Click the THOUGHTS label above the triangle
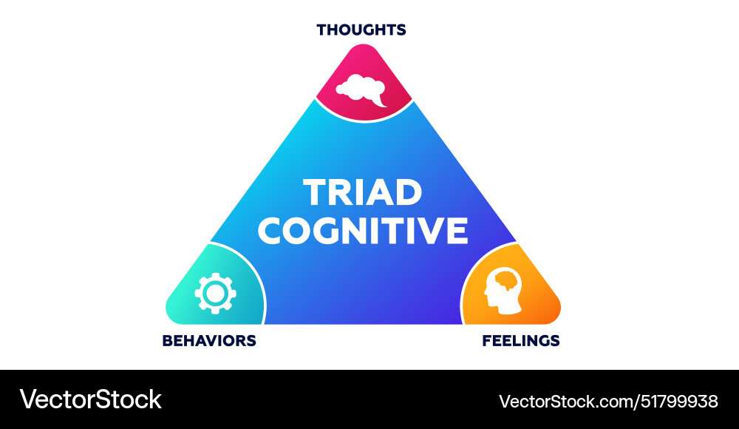pyautogui.click(x=361, y=30)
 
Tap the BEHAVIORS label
pyautogui.click(x=209, y=340)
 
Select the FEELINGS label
pyautogui.click(x=521, y=340)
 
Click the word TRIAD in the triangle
pyautogui.click(x=362, y=192)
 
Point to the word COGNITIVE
pyautogui.click(x=362, y=230)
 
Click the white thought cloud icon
pyautogui.click(x=361, y=90)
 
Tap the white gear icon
pyautogui.click(x=215, y=294)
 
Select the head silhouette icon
pyautogui.click(x=503, y=291)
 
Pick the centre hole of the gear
pyautogui.click(x=215, y=294)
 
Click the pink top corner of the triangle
pyautogui.click(x=364, y=81)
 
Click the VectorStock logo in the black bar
pyautogui.click(x=90, y=399)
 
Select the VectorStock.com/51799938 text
pyautogui.click(x=608, y=402)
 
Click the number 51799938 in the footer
pyautogui.click(x=678, y=402)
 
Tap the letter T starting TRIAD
pyautogui.click(x=316, y=192)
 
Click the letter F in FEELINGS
pyautogui.click(x=486, y=340)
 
